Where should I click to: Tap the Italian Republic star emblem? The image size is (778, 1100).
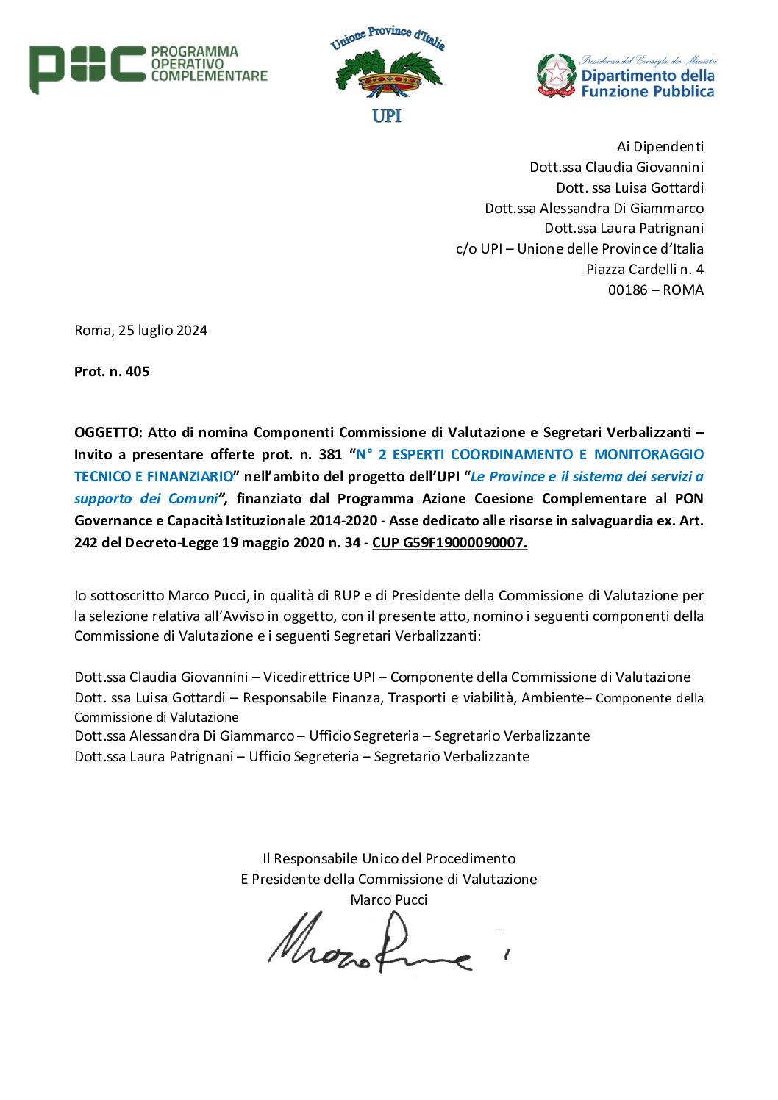[x=556, y=75]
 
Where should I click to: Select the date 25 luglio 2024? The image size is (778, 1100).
[x=163, y=331]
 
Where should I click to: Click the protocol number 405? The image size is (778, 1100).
[x=138, y=372]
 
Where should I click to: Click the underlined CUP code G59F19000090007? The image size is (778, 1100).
[x=450, y=543]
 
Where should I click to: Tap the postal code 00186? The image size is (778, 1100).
[x=628, y=290]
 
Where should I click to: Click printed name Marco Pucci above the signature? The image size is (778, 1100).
[x=389, y=900]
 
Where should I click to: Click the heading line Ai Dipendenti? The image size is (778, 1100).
[x=660, y=147]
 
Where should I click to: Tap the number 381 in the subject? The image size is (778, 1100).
[x=330, y=455]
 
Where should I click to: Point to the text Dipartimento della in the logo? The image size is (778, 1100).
[x=647, y=76]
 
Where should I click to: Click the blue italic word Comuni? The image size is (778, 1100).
[x=193, y=499]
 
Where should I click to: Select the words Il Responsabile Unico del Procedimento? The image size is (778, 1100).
[x=389, y=859]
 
